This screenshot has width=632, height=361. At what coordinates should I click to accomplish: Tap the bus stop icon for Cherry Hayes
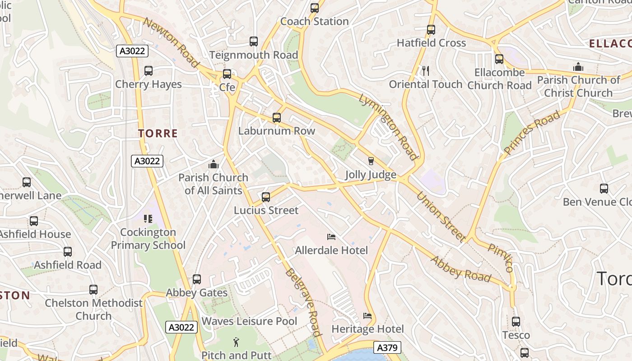(149, 71)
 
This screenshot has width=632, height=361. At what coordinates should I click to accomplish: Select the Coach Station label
(314, 21)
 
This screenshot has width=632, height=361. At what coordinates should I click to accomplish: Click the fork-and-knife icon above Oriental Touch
(425, 70)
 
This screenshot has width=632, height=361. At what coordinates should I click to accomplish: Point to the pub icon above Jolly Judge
(371, 161)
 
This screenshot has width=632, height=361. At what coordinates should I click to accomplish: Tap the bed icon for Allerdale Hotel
(331, 237)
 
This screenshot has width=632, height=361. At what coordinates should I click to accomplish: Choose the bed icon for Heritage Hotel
(367, 316)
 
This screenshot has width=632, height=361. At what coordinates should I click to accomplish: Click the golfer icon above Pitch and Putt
(236, 342)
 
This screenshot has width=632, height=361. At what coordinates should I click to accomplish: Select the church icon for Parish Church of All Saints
(214, 164)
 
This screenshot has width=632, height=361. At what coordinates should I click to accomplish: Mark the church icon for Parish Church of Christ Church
(578, 67)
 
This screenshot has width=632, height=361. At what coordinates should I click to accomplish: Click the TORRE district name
(158, 134)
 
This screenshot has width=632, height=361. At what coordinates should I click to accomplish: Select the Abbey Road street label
(460, 269)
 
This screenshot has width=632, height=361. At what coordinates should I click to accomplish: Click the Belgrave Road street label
(303, 302)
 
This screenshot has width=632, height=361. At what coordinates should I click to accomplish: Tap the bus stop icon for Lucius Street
(266, 197)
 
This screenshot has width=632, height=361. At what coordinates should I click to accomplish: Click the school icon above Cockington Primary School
(148, 219)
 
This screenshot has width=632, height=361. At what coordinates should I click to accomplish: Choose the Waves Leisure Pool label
(249, 321)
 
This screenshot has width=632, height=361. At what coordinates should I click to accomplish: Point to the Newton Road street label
(171, 43)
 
